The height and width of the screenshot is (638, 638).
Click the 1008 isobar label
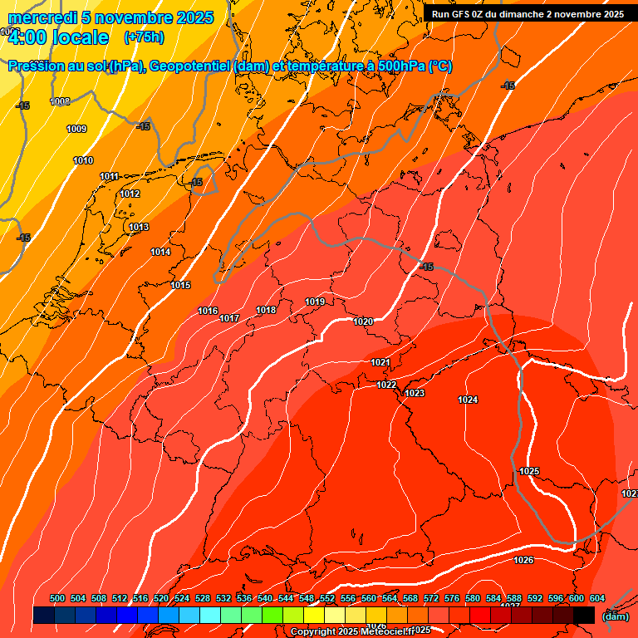point(60,102)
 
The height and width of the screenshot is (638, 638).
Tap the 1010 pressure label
point(83,161)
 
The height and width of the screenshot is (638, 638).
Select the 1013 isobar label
point(139,228)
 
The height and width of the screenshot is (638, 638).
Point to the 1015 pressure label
point(181,286)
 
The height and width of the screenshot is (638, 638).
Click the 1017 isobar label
point(229,319)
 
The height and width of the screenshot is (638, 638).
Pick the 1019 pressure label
point(315,302)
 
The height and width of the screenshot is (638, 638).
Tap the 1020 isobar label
point(363,322)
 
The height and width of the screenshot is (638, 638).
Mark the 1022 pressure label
point(386,385)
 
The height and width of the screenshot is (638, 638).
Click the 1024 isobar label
point(468,400)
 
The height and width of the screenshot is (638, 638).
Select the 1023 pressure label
point(415,394)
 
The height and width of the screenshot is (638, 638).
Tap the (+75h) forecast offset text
point(144,37)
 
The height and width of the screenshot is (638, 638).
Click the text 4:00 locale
point(58,37)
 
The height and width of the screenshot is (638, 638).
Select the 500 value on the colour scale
point(57,599)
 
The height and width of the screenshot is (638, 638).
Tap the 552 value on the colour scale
point(327,599)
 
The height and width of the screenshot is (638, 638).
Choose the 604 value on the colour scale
point(597,599)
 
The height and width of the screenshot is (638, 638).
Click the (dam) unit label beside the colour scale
point(616,616)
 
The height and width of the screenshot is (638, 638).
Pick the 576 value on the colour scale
point(452,599)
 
